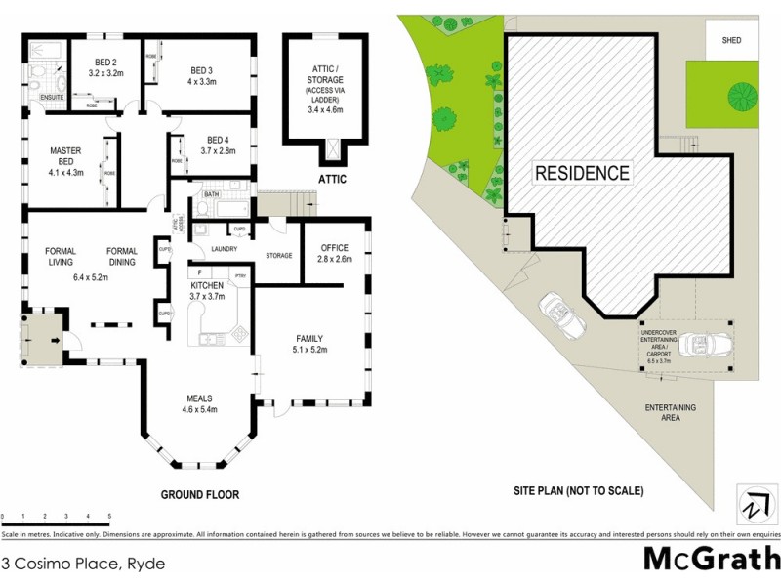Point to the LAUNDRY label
point(226,249)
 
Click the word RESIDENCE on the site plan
point(582,174)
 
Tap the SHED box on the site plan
point(731,41)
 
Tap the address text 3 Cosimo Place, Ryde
point(83,565)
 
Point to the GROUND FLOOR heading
point(199,495)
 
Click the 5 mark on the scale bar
point(109,516)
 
